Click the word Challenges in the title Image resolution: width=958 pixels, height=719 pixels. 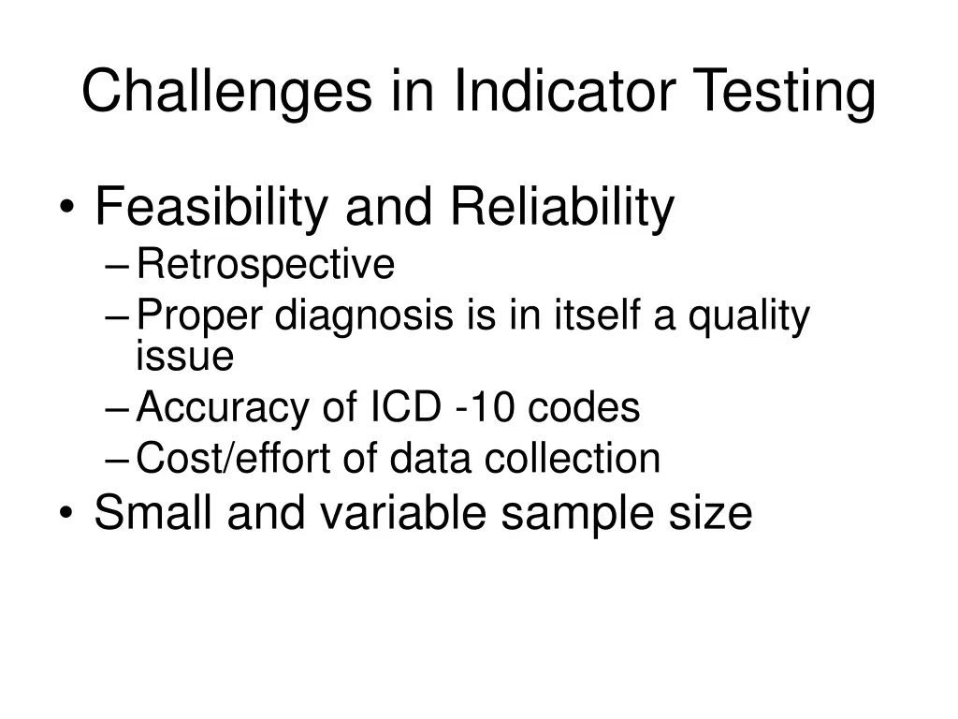pyautogui.click(x=225, y=93)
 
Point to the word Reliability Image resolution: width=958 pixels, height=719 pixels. pyautogui.click(x=561, y=208)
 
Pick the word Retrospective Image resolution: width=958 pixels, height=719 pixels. pyautogui.click(x=265, y=266)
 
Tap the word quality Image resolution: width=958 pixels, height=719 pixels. pyautogui.click(x=748, y=317)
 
